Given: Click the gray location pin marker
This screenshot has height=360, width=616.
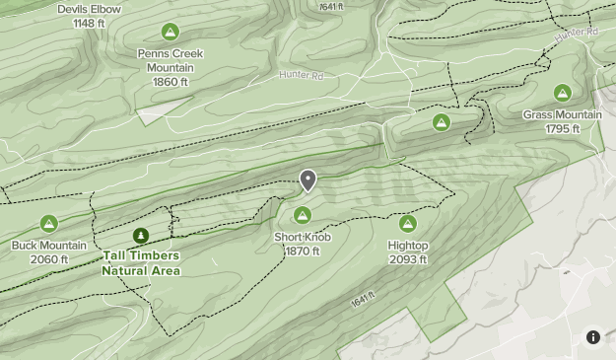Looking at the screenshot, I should click(x=308, y=180).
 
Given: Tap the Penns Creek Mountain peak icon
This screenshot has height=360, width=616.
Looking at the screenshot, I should click(x=171, y=33).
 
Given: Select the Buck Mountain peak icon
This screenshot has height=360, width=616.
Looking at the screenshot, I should click(x=48, y=224).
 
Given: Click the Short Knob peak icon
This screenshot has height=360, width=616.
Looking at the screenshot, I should click(x=303, y=215).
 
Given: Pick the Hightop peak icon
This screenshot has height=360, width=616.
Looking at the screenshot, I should click(x=407, y=224).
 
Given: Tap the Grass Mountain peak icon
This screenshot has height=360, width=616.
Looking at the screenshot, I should click(x=562, y=94).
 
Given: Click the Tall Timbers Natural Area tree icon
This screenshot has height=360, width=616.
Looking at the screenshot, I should click(x=141, y=237).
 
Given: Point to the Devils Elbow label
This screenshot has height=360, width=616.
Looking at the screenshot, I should click(x=89, y=9).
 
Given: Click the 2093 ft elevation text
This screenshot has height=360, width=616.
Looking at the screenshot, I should click(x=407, y=259).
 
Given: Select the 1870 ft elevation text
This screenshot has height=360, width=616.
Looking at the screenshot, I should click(x=303, y=252).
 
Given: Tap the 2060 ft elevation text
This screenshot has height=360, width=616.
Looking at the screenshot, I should click(x=49, y=259).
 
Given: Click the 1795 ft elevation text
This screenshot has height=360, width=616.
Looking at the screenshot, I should click(x=562, y=129).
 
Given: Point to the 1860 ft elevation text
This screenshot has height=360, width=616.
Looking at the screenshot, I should click(x=171, y=82).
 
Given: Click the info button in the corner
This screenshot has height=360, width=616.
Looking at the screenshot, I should click(x=593, y=337).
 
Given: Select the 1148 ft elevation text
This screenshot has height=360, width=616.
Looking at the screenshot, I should click(x=89, y=23).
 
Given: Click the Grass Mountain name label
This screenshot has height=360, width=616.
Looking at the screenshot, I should click(x=562, y=115).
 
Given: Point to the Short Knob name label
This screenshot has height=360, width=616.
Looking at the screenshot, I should click(x=303, y=238).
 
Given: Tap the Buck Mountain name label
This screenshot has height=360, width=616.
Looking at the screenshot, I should click(x=49, y=246).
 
